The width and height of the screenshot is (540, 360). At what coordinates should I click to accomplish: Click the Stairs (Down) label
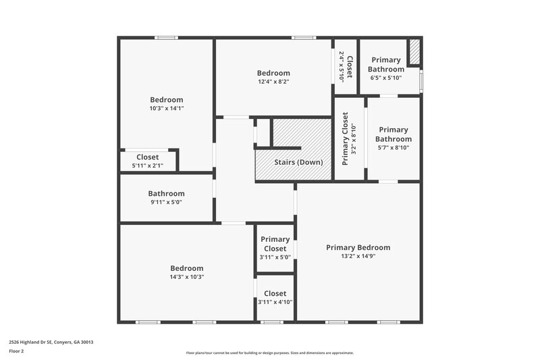(x=298, y=162)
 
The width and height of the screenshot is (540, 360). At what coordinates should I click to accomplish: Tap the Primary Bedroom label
(x=358, y=247)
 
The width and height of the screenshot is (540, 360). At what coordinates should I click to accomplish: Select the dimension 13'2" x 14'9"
(x=358, y=257)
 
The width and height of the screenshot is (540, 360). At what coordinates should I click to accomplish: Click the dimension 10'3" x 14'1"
(x=166, y=108)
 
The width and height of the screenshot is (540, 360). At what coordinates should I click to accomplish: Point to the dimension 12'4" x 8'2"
(x=273, y=82)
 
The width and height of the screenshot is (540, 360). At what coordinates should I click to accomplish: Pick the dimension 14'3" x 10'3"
(x=186, y=276)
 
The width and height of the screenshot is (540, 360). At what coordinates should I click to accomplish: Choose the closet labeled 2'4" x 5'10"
(x=346, y=66)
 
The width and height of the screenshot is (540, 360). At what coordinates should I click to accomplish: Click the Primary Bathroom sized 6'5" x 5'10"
(x=387, y=68)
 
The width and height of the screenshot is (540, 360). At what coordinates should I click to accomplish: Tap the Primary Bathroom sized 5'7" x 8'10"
(x=393, y=138)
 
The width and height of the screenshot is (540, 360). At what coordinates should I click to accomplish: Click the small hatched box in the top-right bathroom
(x=415, y=52)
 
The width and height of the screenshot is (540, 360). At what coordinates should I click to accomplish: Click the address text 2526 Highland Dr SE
(x=51, y=342)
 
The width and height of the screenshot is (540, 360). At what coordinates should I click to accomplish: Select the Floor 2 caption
(x=17, y=351)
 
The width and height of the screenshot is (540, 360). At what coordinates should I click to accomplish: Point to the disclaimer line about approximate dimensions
(x=269, y=353)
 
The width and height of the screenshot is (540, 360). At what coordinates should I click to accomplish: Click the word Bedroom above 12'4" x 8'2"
(x=273, y=73)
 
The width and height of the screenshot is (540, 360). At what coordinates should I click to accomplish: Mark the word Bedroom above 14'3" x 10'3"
(x=186, y=268)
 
